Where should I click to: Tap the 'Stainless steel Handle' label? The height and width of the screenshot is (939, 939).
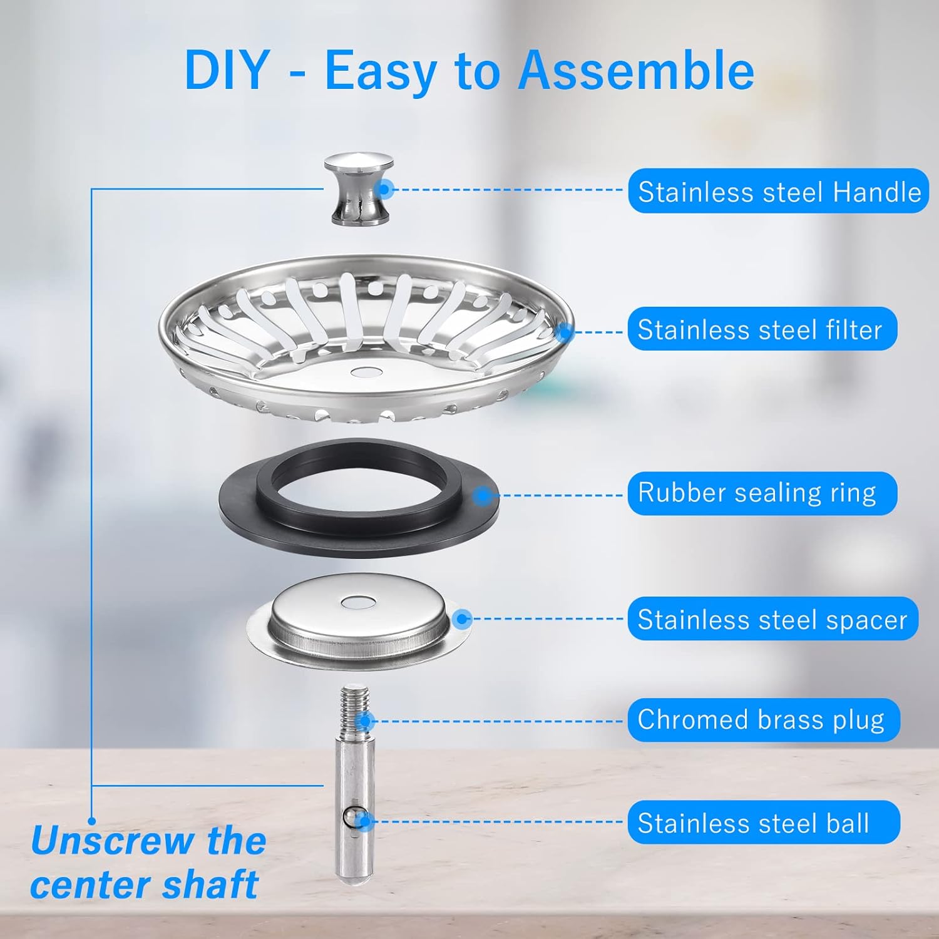[x=778, y=191]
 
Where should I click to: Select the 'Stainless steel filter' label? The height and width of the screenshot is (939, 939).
[x=761, y=329]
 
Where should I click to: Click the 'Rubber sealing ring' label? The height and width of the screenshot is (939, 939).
[x=761, y=493]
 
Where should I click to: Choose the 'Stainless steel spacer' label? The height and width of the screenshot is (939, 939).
[x=772, y=619]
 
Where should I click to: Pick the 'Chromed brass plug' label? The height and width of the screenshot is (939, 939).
[x=762, y=720]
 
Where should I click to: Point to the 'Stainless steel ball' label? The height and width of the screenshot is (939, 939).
[x=762, y=823]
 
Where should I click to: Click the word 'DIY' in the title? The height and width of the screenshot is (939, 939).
[x=227, y=70]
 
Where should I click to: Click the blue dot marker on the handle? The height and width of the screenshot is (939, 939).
[x=386, y=188]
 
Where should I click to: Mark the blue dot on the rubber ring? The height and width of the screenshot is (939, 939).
[x=481, y=496]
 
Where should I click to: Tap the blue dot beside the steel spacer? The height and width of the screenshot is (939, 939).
[x=463, y=619]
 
